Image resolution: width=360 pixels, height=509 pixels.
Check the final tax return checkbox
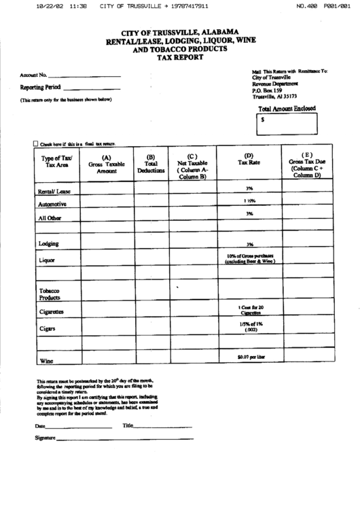click(x=36, y=144)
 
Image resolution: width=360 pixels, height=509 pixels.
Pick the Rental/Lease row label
click(x=55, y=191)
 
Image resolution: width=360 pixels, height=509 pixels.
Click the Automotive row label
click(x=52, y=204)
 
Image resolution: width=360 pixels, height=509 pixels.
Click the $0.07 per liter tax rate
click(x=250, y=357)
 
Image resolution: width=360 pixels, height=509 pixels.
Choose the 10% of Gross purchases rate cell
click(x=249, y=258)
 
